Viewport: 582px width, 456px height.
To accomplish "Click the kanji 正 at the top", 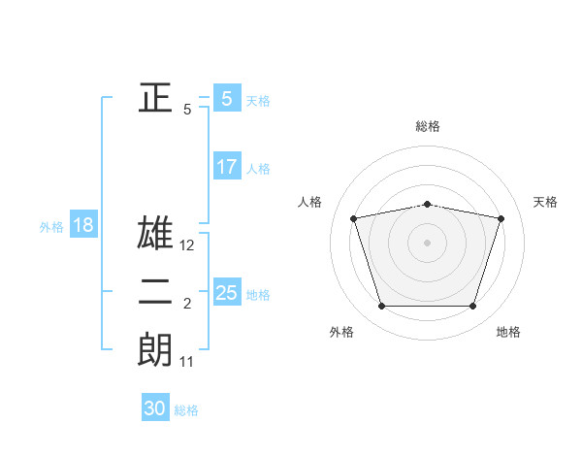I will pos(155,97).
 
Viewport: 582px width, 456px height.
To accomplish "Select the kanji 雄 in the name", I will pos(155,235).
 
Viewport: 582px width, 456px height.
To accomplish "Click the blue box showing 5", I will pos(226,99).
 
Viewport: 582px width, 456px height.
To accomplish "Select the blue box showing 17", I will pos(226,167).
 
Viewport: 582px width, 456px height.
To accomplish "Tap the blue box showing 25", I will pos(226,293).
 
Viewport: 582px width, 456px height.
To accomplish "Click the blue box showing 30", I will pos(155,408).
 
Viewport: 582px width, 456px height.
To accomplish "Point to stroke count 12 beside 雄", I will pos(188,245).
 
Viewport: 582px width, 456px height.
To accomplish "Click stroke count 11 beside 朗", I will pos(187,362).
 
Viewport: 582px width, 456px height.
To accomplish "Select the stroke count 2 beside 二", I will pos(187,305).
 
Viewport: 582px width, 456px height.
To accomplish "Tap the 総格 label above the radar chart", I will pos(428,126).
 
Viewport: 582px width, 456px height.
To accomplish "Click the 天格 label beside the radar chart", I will pos(546,202).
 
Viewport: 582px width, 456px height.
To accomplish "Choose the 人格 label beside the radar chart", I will pos(309,202).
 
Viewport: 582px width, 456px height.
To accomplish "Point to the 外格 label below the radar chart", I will pos(341,332).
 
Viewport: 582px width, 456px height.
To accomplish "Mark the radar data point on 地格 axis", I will pos(472,307).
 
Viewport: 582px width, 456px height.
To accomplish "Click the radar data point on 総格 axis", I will pos(428,205).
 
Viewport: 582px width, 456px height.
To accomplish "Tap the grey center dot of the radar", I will pos(428,242).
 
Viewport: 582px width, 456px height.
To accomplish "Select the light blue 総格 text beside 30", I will pos(186,410).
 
